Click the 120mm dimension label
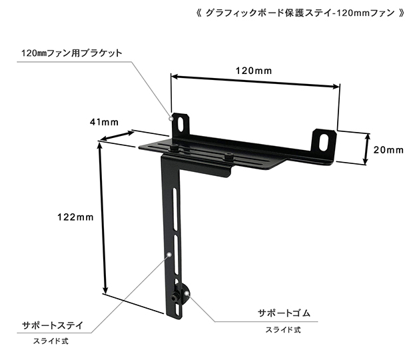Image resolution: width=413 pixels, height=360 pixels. coord(253,71)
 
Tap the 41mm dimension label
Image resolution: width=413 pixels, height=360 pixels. coord(105,122)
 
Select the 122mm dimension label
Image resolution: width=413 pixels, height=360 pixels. coord(75,217)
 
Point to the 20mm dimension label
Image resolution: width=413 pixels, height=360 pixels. coord(388,150)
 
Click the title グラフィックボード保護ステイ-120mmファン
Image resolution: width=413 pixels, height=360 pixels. coord(300,13)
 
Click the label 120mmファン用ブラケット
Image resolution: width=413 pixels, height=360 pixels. coord(72,53)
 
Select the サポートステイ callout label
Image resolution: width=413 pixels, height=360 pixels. coord(53,325)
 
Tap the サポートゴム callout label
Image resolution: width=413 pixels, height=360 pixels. coord(284,313)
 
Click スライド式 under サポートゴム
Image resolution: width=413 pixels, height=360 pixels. coord(283,330)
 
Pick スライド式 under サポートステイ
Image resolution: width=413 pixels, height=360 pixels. coord(51,341)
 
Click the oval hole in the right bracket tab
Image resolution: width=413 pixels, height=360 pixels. coord(324,142)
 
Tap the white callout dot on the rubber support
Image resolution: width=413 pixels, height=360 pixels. coord(187,293)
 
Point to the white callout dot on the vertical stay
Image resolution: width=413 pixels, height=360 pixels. coord(169,255)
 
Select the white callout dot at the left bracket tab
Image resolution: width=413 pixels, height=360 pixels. coord(171,119)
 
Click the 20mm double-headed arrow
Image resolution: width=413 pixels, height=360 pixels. coord(366,149)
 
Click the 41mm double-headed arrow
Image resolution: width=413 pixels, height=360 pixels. coord(117,136)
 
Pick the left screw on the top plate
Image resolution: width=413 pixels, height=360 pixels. coord(175,149)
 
